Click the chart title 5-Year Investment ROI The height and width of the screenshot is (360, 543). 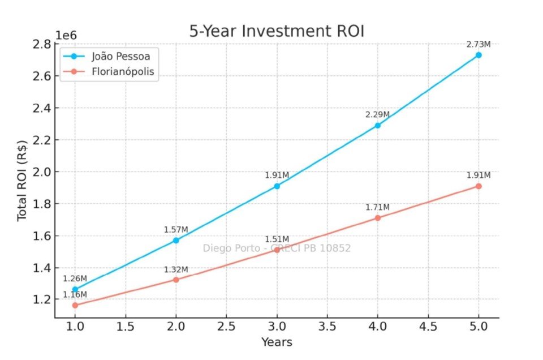pos(277,32)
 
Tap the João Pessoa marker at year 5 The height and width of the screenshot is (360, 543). pos(479,55)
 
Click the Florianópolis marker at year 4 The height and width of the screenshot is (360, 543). pos(377,218)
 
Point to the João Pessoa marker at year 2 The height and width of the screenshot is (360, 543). pos(176,240)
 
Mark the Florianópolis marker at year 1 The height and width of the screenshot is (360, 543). pos(75,305)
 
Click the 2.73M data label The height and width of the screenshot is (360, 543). pos(479,44)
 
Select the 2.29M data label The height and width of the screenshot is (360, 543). pos(377,114)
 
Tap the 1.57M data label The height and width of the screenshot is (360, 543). pos(176,229)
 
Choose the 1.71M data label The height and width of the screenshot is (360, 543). pos(377,207)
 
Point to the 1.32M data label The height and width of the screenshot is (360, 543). pos(176,269)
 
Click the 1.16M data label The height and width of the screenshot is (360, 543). pos(75,294)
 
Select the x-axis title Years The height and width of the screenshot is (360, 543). pos(277,342)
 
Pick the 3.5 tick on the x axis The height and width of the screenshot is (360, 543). pos(327,327)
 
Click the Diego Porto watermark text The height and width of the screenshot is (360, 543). pos(277,248)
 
